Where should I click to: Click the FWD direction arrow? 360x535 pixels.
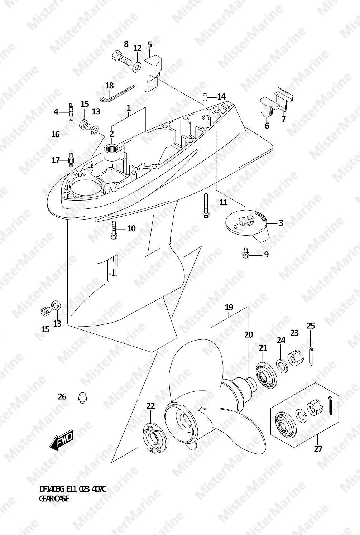pos(61,440)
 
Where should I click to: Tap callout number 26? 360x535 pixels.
pos(62,396)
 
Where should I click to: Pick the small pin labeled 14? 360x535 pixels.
pos(205,97)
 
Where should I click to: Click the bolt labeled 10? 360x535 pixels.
pos(114,230)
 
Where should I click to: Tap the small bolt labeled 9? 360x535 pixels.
pos(245,253)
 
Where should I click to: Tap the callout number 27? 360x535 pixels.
pos(318,448)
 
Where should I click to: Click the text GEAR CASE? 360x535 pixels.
pos(54,498)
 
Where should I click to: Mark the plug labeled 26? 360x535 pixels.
pos(83,397)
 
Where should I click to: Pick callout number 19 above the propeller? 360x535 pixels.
pos(229,307)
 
